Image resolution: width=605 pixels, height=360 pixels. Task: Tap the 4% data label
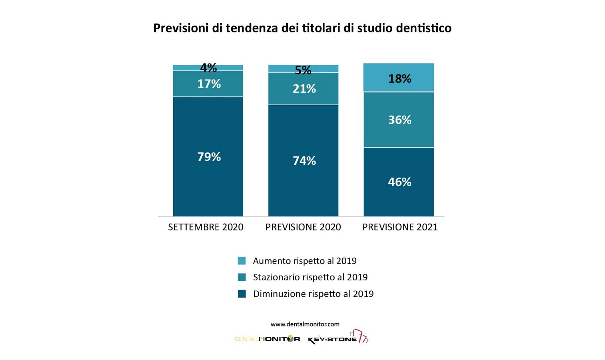[208, 68]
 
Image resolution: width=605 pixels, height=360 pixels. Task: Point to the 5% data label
[303, 70]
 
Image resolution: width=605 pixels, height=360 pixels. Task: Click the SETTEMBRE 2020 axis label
[206, 227]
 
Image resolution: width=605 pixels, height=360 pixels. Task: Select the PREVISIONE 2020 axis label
[303, 227]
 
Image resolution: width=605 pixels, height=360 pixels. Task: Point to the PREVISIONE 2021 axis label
[400, 227]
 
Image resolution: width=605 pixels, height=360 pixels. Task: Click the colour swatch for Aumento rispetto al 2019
[242, 261]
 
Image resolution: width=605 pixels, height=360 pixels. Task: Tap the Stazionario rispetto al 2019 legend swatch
[242, 277]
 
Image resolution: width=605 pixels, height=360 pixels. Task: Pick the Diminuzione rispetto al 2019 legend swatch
[242, 294]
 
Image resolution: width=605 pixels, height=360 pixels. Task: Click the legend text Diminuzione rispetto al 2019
[313, 294]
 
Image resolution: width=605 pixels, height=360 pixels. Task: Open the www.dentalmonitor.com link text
[305, 324]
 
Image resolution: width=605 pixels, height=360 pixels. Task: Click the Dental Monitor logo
[267, 339]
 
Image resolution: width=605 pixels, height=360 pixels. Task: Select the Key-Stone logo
[338, 337]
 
